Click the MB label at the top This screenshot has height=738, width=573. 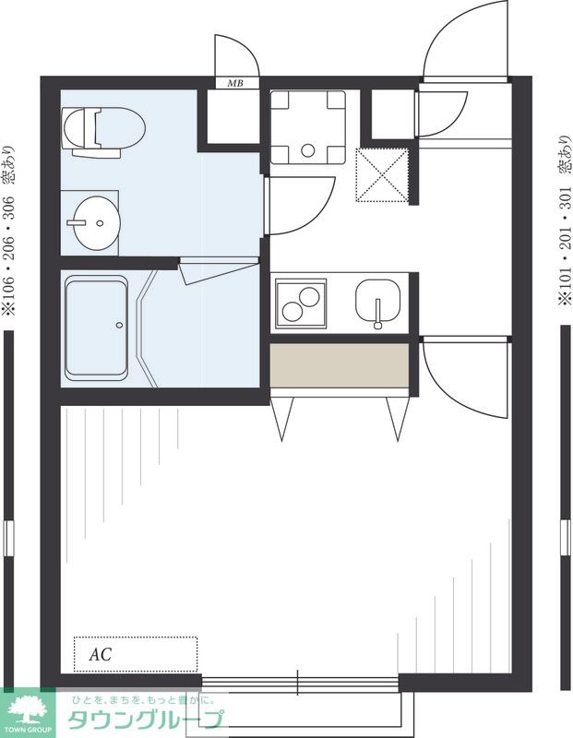(235, 84)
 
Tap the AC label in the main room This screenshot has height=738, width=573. (101, 654)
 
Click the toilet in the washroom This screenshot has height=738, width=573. (103, 132)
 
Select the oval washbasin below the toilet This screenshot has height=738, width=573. (96, 222)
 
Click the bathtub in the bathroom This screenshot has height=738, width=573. (97, 328)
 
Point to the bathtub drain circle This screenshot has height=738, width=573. (119, 325)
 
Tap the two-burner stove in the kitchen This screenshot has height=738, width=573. (301, 304)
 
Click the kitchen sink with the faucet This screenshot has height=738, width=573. (377, 303)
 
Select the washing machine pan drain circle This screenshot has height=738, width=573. (308, 150)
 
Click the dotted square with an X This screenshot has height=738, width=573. (381, 174)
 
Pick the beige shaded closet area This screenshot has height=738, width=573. (339, 365)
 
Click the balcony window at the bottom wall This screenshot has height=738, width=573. (300, 684)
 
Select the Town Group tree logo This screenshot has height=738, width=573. (27, 709)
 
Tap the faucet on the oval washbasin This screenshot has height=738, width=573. (77, 222)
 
